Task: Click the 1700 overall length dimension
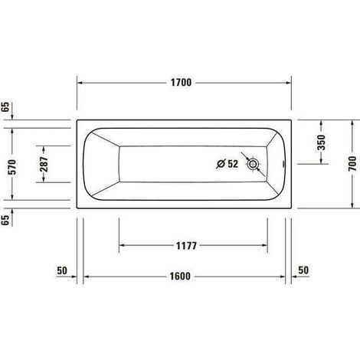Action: (x=181, y=83)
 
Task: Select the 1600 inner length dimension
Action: (x=180, y=277)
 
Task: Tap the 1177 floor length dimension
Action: (x=186, y=246)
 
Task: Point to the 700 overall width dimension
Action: (x=352, y=164)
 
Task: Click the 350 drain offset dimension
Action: (x=322, y=142)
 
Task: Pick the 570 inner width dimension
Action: (x=12, y=167)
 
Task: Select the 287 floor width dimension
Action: (x=44, y=165)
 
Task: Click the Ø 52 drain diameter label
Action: (x=227, y=164)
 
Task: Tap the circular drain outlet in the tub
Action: (x=253, y=164)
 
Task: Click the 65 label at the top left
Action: (x=5, y=106)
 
